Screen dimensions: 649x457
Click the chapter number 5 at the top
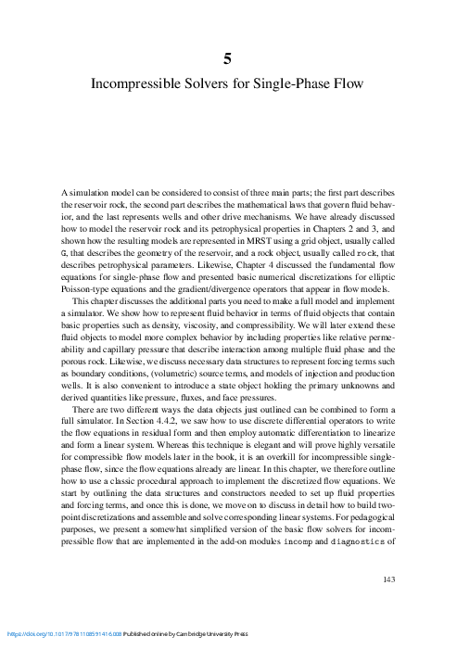228,58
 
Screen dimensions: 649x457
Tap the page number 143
389,579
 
